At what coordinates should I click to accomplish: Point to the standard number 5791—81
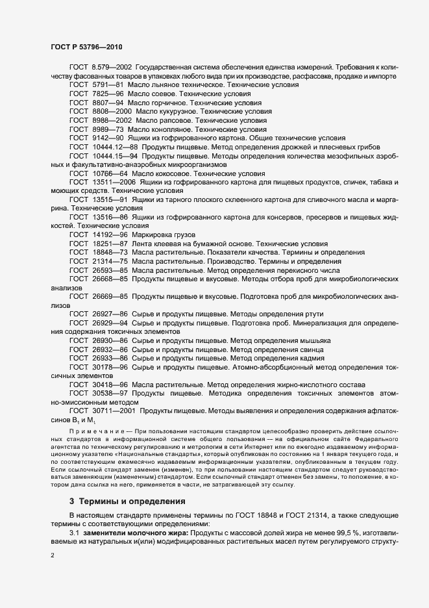click(107, 84)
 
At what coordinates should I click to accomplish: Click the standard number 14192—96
click(110, 234)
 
